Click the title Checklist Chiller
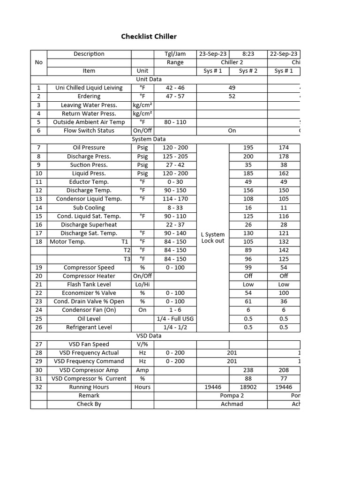pos(149,37)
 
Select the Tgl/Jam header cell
pos(175,54)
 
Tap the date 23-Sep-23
pos(213,54)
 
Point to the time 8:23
pos(248,54)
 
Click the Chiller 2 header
pos(232,62)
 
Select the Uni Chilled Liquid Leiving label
pos(89,88)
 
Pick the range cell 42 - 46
pos(175,88)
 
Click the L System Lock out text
pos(213,238)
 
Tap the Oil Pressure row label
pos(89,148)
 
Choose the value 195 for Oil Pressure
pos(248,148)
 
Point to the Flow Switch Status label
pos(89,131)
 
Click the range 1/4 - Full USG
pos(175,319)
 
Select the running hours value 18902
pos(248,387)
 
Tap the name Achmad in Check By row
pos(232,404)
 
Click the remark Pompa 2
pos(232,396)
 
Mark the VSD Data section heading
pos(149,336)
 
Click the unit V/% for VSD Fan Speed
pos(142,345)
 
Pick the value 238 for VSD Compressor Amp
pos(248,370)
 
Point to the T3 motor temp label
pos(127,259)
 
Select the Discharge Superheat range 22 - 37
pos(175,225)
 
